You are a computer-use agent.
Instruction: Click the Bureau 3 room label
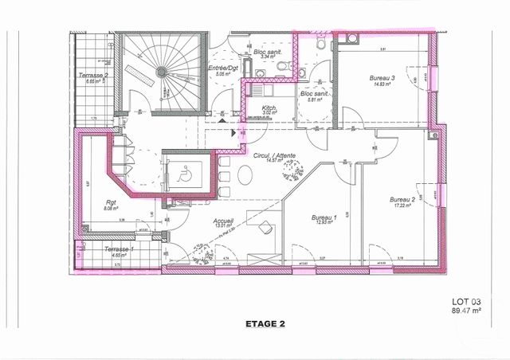[x=382, y=78]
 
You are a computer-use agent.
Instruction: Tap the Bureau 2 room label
[x=403, y=198]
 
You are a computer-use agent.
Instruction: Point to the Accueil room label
[x=222, y=219]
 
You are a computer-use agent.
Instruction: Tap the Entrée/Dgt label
[x=222, y=69]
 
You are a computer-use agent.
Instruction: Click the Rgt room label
[x=110, y=202]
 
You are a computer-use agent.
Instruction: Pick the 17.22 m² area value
[x=403, y=205]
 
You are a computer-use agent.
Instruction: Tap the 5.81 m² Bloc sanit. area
[x=310, y=100]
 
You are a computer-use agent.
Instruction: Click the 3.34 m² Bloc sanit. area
[x=269, y=57]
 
